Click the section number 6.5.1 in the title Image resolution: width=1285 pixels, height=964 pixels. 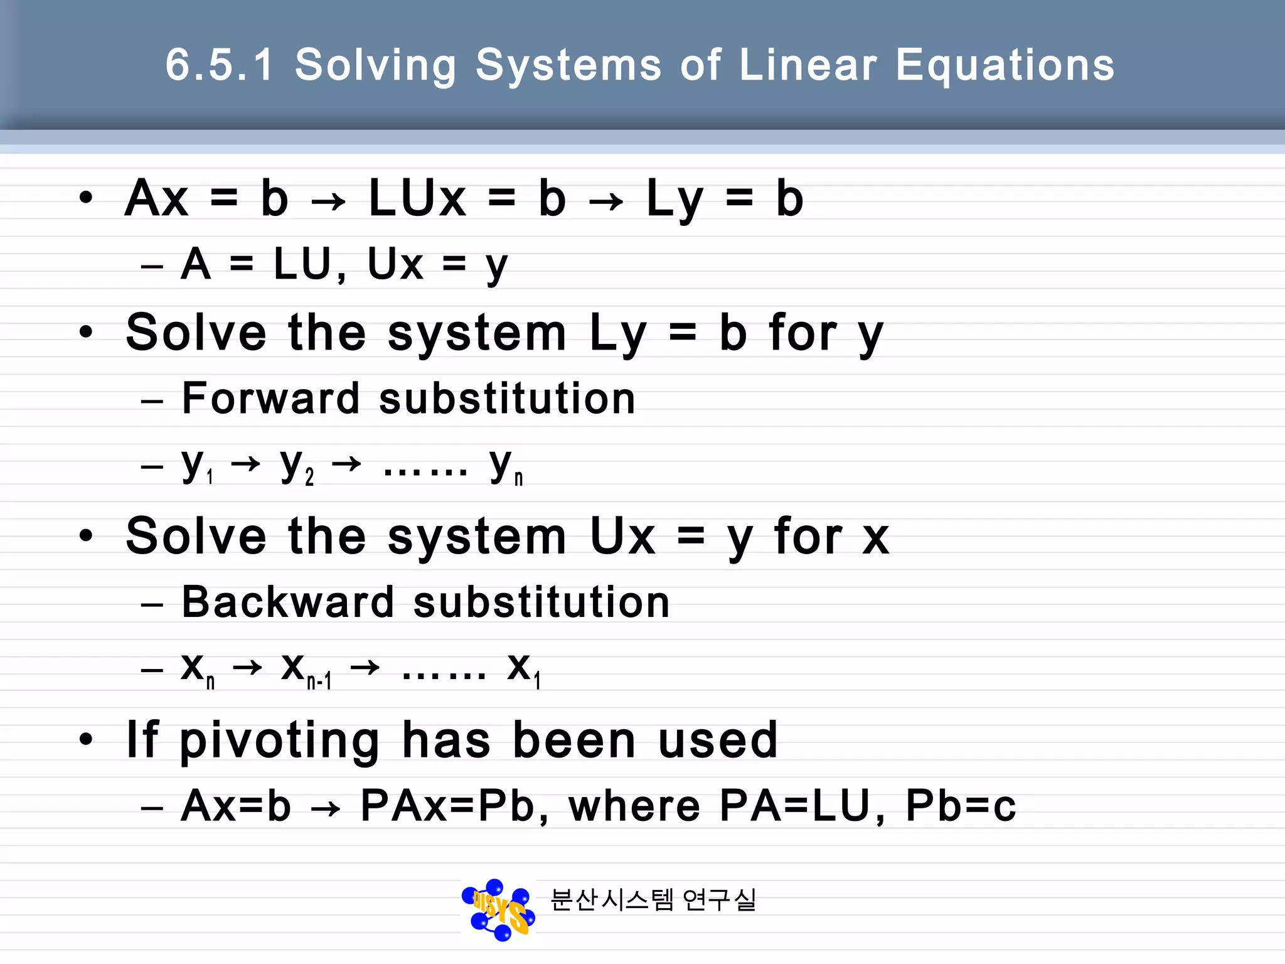pos(220,65)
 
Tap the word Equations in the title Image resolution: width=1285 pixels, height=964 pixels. pos(1005,66)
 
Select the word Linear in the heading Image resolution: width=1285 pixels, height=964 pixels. pos(808,65)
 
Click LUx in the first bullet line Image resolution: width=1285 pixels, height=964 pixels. pos(417,198)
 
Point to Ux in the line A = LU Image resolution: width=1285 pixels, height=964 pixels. pos(395,264)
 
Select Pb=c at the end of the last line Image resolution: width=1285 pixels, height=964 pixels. pos(961,806)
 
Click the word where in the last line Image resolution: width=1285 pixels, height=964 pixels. pos(634,806)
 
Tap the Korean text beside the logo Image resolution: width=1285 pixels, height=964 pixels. pos(653,900)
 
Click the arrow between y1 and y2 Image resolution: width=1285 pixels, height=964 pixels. pos(245,464)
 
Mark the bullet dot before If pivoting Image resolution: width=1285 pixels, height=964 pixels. pos(87,739)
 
